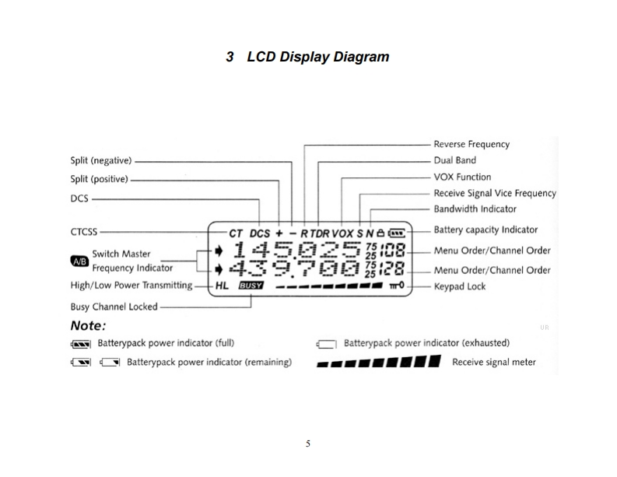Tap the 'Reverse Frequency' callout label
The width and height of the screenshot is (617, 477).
[x=472, y=144]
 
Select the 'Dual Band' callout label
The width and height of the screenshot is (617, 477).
[x=455, y=160]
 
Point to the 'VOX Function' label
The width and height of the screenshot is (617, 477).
[x=462, y=177]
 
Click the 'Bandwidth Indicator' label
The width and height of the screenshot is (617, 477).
[x=475, y=209]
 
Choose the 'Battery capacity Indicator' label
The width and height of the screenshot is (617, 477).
[x=486, y=230]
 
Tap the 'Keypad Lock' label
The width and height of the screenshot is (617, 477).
[x=460, y=286]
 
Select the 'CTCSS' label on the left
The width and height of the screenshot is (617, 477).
[x=84, y=231]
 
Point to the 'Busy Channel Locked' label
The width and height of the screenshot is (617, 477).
[x=114, y=307]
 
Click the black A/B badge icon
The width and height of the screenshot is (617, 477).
[x=79, y=261]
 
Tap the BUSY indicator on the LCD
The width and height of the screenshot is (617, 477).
[x=251, y=286]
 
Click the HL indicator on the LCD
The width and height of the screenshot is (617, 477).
[x=223, y=286]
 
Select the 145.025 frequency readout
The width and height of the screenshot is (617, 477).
[x=296, y=251]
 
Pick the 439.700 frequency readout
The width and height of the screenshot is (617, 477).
[x=296, y=269]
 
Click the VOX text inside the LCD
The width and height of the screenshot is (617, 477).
[x=342, y=233]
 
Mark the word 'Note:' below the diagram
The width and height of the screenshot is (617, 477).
[x=88, y=325]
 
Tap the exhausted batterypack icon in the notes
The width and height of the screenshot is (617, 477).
[x=326, y=343]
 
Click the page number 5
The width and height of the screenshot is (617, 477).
[x=308, y=444]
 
